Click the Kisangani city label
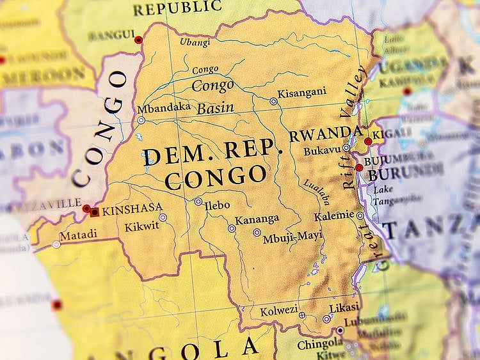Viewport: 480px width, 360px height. [x=303, y=93]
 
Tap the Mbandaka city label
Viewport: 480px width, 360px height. [x=164, y=107]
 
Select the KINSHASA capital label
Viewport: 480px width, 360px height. [x=132, y=208]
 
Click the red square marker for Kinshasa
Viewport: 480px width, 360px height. [x=95, y=212]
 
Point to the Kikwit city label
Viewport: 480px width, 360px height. [x=141, y=226]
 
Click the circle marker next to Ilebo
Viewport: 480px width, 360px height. [x=198, y=201]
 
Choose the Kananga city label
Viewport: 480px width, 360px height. [x=257, y=219]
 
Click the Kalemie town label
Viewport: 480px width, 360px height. [x=334, y=215]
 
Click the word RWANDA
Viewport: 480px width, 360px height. [x=325, y=135]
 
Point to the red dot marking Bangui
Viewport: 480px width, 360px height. [x=138, y=40]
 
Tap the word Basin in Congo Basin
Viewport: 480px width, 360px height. [x=215, y=108]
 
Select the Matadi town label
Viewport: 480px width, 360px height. [x=79, y=235]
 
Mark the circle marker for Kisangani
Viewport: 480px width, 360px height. [x=273, y=101]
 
